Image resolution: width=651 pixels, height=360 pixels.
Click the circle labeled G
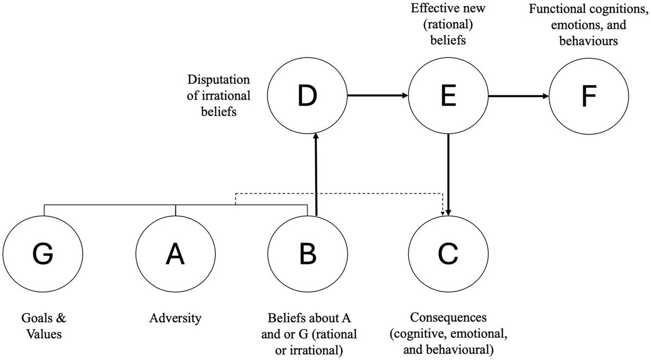(x=42, y=254)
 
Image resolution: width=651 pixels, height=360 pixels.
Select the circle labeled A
(x=175, y=254)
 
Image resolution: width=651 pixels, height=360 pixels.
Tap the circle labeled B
(x=308, y=254)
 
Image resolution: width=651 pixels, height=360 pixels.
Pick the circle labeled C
(x=448, y=254)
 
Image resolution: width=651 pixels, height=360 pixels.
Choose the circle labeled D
(x=308, y=96)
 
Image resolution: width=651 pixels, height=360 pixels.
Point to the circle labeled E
(x=448, y=96)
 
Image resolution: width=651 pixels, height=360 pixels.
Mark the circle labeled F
(x=590, y=96)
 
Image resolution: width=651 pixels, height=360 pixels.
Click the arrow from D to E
(x=378, y=96)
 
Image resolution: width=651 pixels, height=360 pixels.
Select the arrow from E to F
(x=519, y=97)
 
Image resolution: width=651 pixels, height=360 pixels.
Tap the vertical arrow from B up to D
(x=315, y=173)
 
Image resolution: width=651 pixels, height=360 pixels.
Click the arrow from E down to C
(x=448, y=173)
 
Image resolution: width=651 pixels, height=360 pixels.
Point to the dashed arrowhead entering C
(x=444, y=211)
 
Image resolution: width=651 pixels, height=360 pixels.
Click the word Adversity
(x=175, y=318)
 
